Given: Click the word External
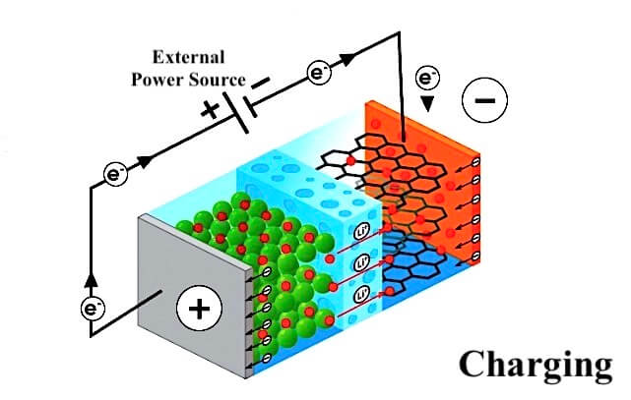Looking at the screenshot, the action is click(x=188, y=57).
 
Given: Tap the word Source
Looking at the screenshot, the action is click(x=218, y=80).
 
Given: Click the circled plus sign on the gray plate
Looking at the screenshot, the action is click(x=199, y=309).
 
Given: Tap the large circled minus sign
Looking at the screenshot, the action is click(x=485, y=99).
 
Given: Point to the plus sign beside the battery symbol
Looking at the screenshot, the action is click(x=210, y=110).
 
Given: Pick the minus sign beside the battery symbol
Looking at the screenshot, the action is click(x=260, y=83).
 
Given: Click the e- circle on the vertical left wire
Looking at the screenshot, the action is click(x=93, y=309).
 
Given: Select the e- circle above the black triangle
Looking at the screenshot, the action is click(x=427, y=78).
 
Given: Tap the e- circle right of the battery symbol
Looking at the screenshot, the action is click(x=320, y=74).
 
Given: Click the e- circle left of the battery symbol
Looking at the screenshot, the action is click(x=116, y=174).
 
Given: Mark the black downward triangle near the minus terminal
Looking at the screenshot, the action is click(x=427, y=104).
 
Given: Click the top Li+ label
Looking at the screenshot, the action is click(x=362, y=233).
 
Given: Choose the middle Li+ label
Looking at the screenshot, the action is click(x=362, y=263).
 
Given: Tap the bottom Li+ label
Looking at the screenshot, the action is click(x=362, y=295).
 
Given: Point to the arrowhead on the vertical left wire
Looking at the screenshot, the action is click(x=91, y=279).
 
